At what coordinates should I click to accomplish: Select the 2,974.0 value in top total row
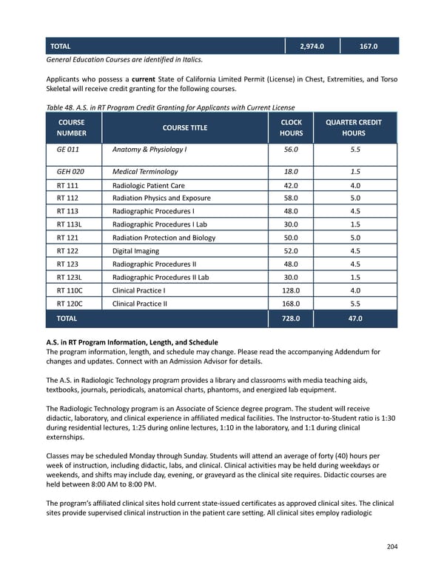point(312,47)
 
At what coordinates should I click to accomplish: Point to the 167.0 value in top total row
point(369,47)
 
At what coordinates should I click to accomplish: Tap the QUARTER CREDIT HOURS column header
point(354,127)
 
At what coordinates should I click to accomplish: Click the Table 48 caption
point(170,107)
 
